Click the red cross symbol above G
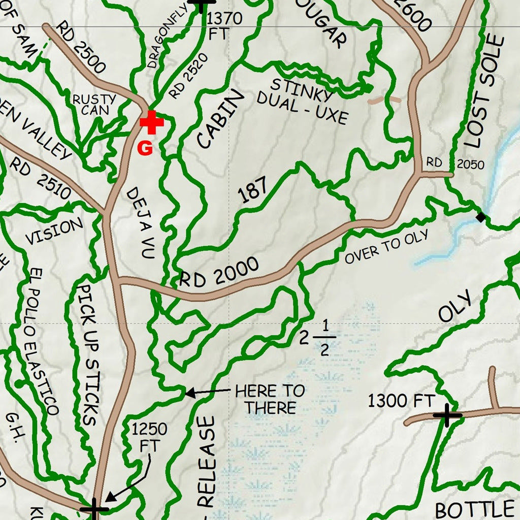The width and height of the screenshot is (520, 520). pyautogui.click(x=151, y=123)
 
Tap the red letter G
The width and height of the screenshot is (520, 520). pyautogui.click(x=145, y=148)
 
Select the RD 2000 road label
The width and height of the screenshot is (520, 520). pyautogui.click(x=219, y=272)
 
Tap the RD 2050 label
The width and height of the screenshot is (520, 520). pyautogui.click(x=455, y=164)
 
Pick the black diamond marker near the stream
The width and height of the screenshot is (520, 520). pyautogui.click(x=480, y=218)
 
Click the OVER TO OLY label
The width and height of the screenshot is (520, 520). pyautogui.click(x=387, y=247)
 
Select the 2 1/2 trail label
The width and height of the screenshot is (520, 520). pyautogui.click(x=317, y=338)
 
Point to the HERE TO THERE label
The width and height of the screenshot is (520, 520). pyautogui.click(x=271, y=399)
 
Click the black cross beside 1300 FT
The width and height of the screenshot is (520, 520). pyautogui.click(x=447, y=415)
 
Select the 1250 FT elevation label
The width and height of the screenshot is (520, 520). pyautogui.click(x=149, y=438)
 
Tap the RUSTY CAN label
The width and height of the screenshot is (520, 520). pyautogui.click(x=94, y=104)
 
